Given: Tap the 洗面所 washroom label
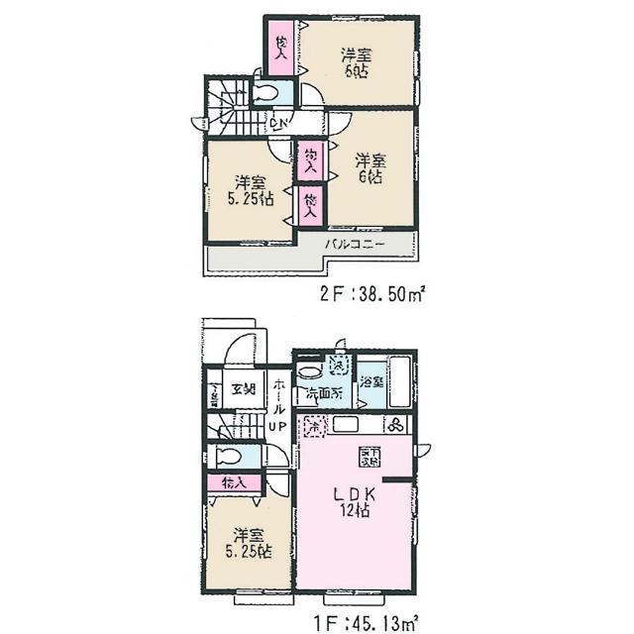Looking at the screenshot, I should point(322,394).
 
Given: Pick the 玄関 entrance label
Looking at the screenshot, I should point(244,388).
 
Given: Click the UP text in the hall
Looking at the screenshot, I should point(279,428).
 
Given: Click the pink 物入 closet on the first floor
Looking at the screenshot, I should point(234,483).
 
